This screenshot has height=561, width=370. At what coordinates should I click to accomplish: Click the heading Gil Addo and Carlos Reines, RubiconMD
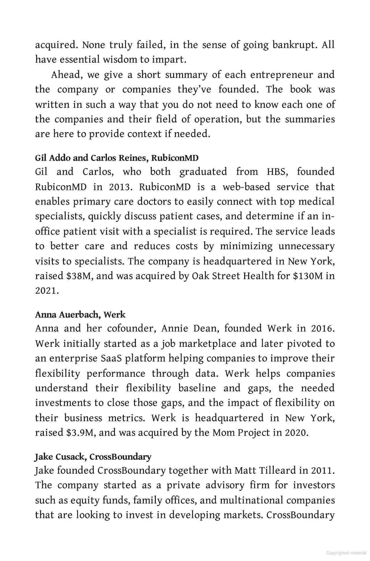point(117,158)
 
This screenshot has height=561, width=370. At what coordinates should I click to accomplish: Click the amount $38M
point(78,276)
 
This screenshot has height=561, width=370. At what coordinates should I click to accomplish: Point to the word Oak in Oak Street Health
point(201,276)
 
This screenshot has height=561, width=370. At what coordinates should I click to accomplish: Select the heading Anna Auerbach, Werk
point(80,314)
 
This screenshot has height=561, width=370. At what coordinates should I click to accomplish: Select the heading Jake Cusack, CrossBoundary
point(93,457)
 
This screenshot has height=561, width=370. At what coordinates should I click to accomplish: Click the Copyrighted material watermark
point(346,553)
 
